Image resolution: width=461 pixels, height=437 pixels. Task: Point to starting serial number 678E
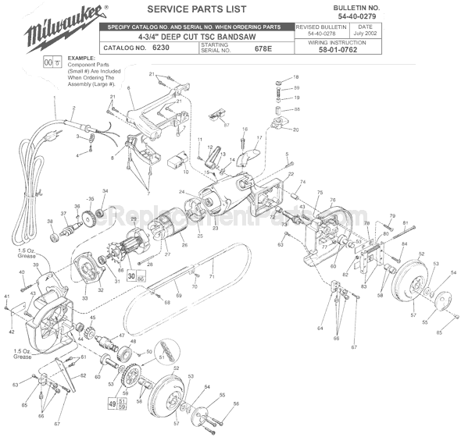[265, 48]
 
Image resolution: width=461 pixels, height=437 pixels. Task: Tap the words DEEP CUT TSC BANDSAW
[209, 36]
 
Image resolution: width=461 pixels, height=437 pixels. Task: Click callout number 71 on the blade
[210, 276]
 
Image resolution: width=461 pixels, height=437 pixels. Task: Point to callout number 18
[296, 77]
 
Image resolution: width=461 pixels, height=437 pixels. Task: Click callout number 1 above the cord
[55, 99]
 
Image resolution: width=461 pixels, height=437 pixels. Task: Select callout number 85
[438, 332]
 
